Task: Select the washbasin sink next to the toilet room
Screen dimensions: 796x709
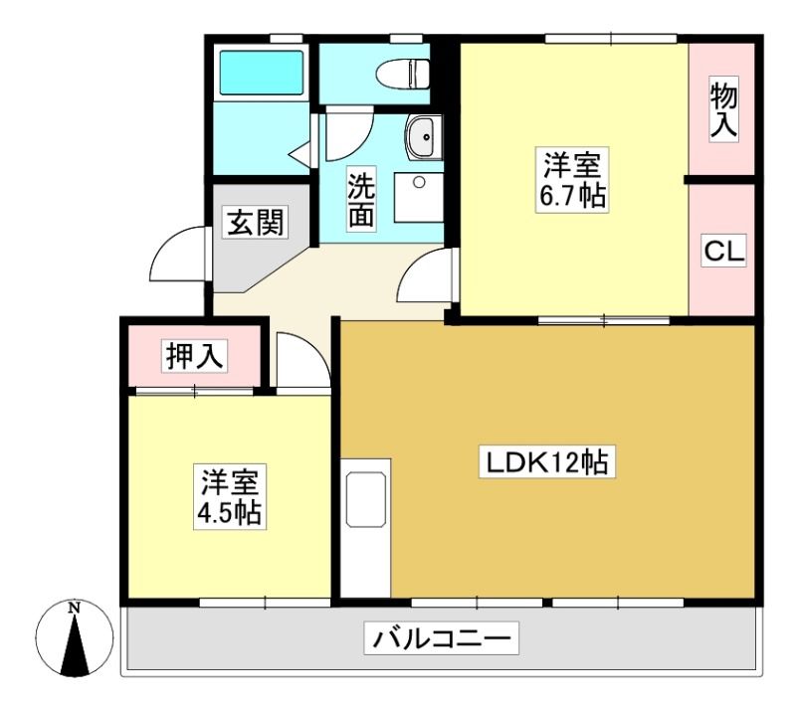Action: pyautogui.click(x=425, y=137)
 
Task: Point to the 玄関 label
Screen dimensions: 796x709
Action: pyautogui.click(x=255, y=222)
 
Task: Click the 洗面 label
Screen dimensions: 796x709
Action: pyautogui.click(x=361, y=198)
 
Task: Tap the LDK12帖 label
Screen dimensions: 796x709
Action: pyautogui.click(x=547, y=461)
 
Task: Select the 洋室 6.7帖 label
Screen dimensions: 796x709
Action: pyautogui.click(x=572, y=180)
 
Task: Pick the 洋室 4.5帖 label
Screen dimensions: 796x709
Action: pyautogui.click(x=230, y=497)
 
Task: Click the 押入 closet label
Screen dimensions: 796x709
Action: pyautogui.click(x=195, y=356)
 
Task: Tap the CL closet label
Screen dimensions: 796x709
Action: pyautogui.click(x=724, y=251)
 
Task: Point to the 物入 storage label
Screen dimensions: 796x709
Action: pyautogui.click(x=723, y=110)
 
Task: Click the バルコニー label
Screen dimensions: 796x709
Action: pyautogui.click(x=441, y=638)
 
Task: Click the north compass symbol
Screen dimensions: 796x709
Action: pyautogui.click(x=75, y=638)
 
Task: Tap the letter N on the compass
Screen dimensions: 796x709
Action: pyautogui.click(x=76, y=608)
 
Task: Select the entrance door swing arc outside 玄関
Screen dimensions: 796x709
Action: pyautogui.click(x=178, y=254)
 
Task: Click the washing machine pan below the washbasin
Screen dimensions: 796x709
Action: pyautogui.click(x=419, y=198)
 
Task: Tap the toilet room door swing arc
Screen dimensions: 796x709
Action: pyautogui.click(x=349, y=133)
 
